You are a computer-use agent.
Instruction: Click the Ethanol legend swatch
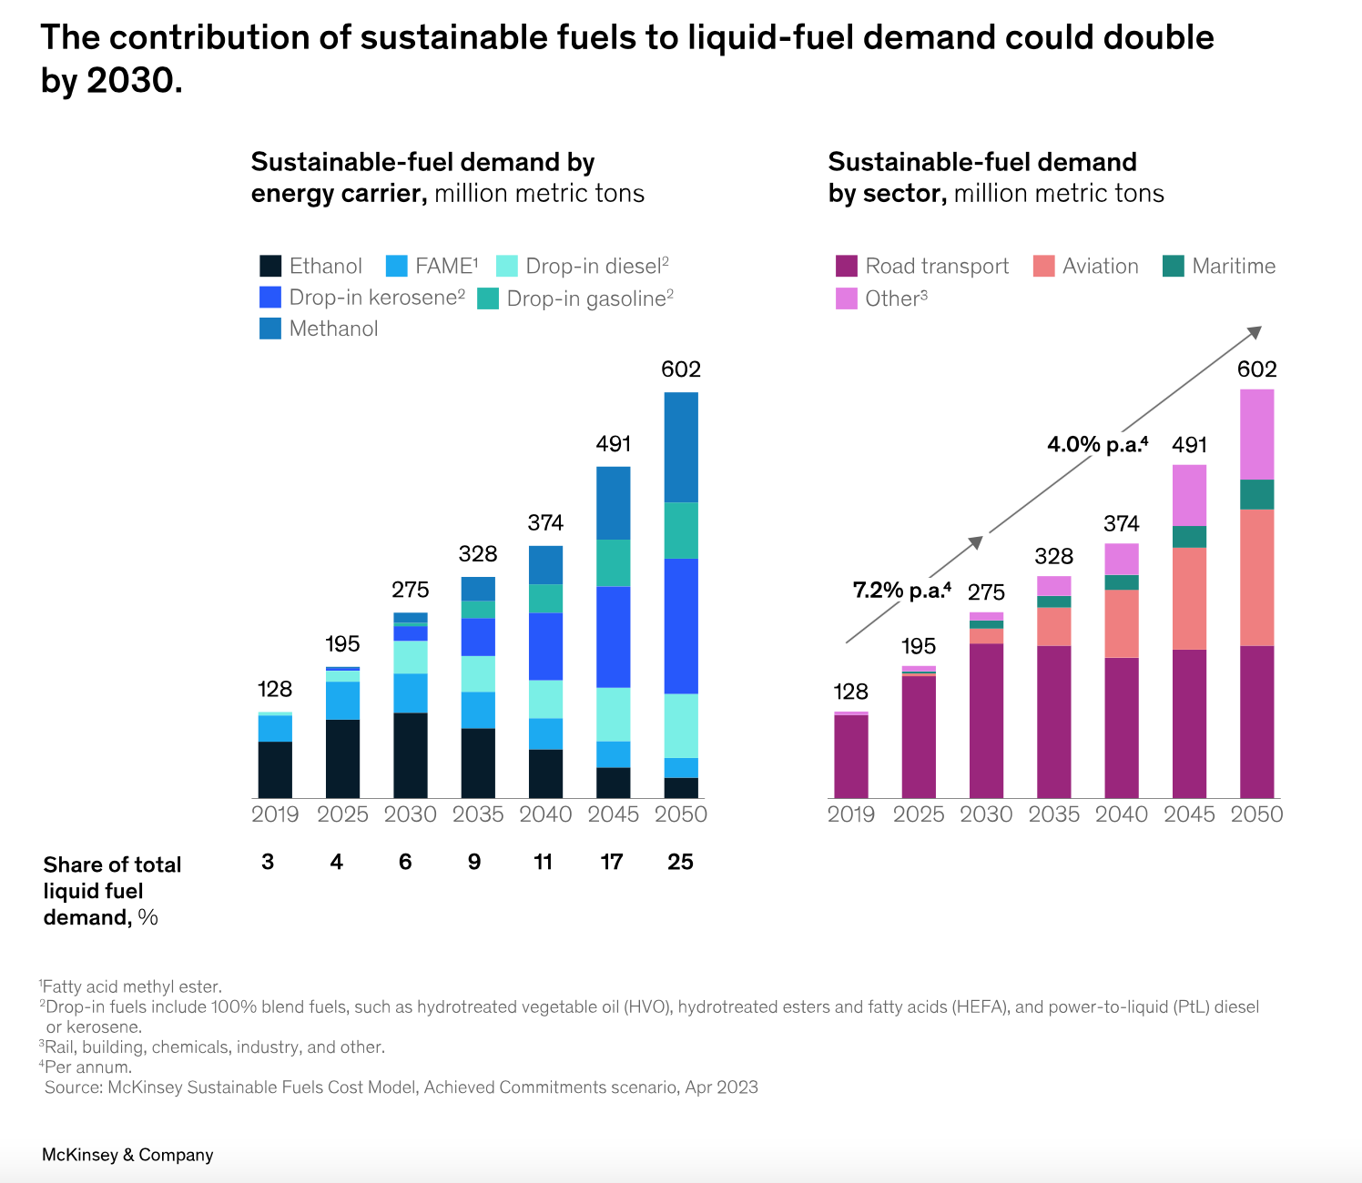pos(270,266)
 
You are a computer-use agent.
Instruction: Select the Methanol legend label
pos(333,329)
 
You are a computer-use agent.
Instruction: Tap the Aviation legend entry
pos(1100,266)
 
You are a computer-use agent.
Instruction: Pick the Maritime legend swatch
pos(1174,266)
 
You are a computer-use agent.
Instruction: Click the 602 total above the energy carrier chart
pos(681,369)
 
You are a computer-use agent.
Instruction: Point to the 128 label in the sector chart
pos(851,692)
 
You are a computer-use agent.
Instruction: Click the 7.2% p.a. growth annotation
pos(901,591)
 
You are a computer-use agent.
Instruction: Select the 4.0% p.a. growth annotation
pos(1097,444)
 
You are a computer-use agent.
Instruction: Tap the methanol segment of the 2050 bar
pos(681,447)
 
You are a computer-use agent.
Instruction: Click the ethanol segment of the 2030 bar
pos(411,755)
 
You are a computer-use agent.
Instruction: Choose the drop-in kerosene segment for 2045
pos(614,636)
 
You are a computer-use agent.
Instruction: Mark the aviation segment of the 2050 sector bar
pos(1257,577)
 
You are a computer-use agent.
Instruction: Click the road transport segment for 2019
pos(851,756)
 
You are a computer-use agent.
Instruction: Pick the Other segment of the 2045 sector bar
pos(1190,495)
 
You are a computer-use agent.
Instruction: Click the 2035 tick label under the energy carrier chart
pos(478,814)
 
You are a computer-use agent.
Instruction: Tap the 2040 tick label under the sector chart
pos(1122,814)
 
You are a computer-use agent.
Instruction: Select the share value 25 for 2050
pos(681,862)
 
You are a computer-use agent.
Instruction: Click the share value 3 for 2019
pos(268,862)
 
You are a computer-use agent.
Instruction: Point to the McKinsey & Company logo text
pos(127,1155)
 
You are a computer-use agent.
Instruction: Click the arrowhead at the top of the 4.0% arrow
pos(1255,332)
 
